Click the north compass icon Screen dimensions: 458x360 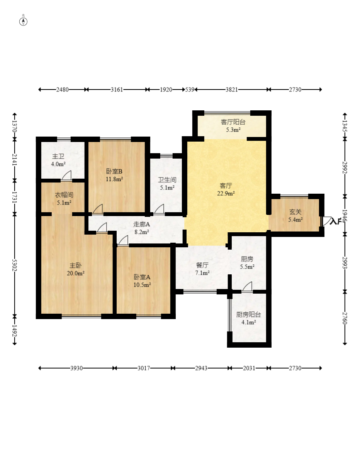(24, 21)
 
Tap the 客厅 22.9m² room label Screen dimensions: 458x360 (226, 189)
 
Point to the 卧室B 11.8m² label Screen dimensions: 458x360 (114, 175)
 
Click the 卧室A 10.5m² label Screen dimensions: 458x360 (142, 281)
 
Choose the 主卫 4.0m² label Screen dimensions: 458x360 (58, 160)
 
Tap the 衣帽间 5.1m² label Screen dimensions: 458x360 (64, 198)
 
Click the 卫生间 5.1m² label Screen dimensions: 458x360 (167, 184)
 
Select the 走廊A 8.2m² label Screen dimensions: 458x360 (141, 228)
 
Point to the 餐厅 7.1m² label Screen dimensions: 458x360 (202, 269)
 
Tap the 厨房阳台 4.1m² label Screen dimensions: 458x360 (248, 318)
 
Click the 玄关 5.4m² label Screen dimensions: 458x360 (295, 215)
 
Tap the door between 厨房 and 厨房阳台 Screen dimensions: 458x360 (247, 287)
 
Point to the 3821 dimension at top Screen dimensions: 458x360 (232, 90)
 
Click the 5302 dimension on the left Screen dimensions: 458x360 (15, 265)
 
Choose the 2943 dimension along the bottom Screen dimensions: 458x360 (201, 368)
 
